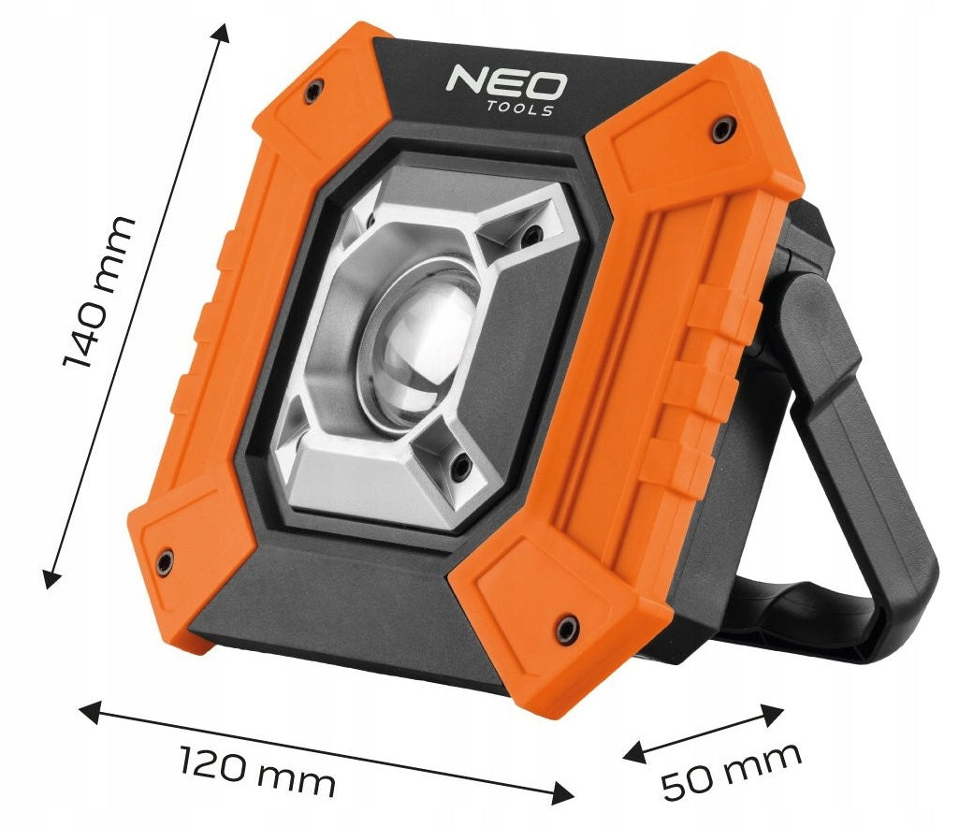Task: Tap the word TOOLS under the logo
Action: (520, 109)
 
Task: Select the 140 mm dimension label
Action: (99, 293)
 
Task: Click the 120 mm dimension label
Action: (258, 771)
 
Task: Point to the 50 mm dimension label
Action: (732, 771)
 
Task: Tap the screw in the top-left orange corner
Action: (314, 92)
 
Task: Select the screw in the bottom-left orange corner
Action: (165, 560)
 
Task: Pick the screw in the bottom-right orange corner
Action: (566, 628)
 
